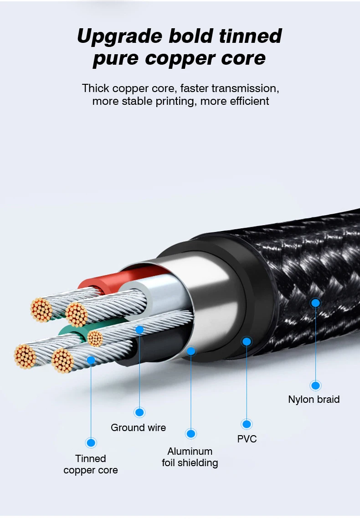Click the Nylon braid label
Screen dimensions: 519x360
tap(314, 400)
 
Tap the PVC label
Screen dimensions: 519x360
tap(247, 439)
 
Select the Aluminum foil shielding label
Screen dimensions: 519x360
tap(190, 457)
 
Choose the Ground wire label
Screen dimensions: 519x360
tap(138, 427)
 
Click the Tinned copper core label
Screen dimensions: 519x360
tap(91, 464)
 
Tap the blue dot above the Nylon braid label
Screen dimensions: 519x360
tap(315, 385)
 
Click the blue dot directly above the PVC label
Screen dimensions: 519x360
tap(247, 424)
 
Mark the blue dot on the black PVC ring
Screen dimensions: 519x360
tap(247, 341)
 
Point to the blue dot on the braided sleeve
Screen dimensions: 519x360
tap(315, 303)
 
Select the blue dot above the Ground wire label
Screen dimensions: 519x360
tap(139, 412)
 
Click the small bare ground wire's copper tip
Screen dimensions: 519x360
tap(95, 338)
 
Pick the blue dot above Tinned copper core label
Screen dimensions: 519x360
tap(91, 442)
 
